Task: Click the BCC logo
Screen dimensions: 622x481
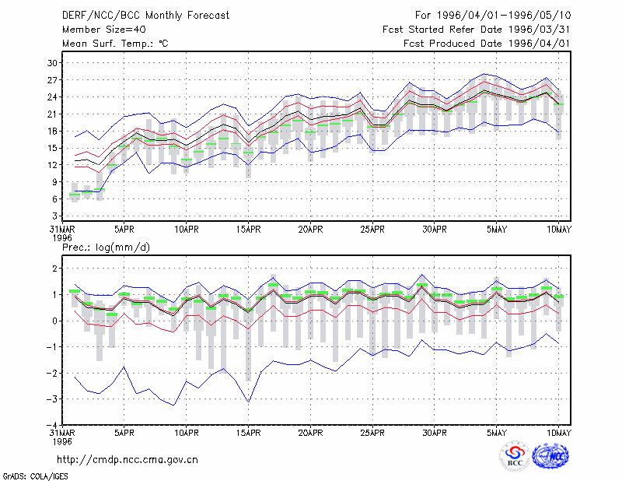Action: click(x=515, y=456)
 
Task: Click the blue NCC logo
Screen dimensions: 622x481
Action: click(x=550, y=456)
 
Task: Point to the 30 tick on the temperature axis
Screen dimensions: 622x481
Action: click(x=53, y=63)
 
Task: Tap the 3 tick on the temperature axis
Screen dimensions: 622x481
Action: click(x=54, y=216)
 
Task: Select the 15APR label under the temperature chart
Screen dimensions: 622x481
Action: click(x=248, y=230)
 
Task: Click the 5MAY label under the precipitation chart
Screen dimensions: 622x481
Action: click(x=497, y=433)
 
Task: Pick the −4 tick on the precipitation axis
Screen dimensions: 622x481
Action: click(x=51, y=425)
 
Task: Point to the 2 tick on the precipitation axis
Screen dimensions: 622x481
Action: click(x=54, y=269)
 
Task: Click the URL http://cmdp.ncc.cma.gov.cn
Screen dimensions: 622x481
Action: click(x=128, y=460)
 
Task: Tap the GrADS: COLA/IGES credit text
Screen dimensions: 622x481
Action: click(x=35, y=476)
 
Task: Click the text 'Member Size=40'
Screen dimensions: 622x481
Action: click(x=104, y=30)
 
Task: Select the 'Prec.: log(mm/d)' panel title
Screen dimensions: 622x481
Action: click(x=106, y=248)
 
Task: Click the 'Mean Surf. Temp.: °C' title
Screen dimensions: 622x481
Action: click(x=115, y=44)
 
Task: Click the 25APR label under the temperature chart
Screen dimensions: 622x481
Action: click(x=372, y=230)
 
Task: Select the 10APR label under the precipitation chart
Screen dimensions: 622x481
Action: click(x=187, y=433)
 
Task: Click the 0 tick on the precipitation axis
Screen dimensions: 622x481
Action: click(x=54, y=321)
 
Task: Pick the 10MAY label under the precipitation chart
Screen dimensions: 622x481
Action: click(x=559, y=433)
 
